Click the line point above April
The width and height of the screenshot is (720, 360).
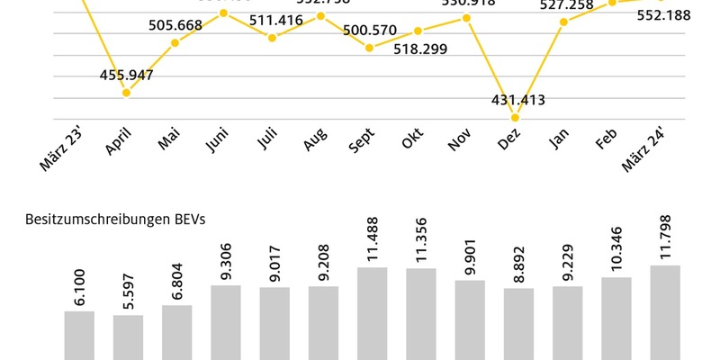(127, 93)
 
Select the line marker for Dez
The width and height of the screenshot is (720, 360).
(515, 117)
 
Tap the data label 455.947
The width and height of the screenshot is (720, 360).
(127, 75)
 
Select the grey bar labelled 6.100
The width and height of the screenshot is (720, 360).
(79, 335)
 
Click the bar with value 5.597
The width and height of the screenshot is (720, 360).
(128, 337)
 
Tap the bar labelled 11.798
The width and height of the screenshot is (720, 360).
(665, 312)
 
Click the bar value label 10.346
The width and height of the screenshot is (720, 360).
(615, 255)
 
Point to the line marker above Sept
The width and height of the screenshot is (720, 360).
(369, 47)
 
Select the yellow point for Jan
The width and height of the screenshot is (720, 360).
(563, 21)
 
